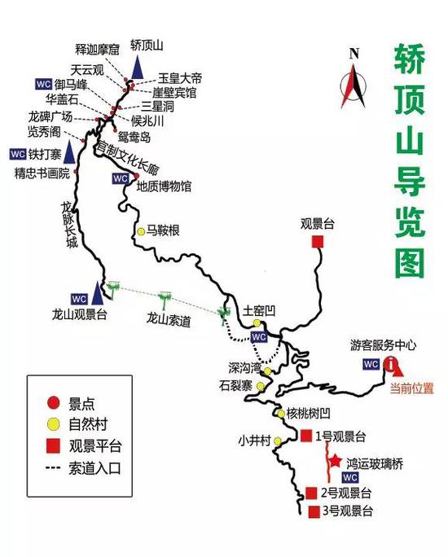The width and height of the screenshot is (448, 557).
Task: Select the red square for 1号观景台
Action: tap(306, 436)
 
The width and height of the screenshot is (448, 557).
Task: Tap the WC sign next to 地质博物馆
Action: tap(121, 178)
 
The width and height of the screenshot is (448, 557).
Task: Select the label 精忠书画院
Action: tap(42, 173)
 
